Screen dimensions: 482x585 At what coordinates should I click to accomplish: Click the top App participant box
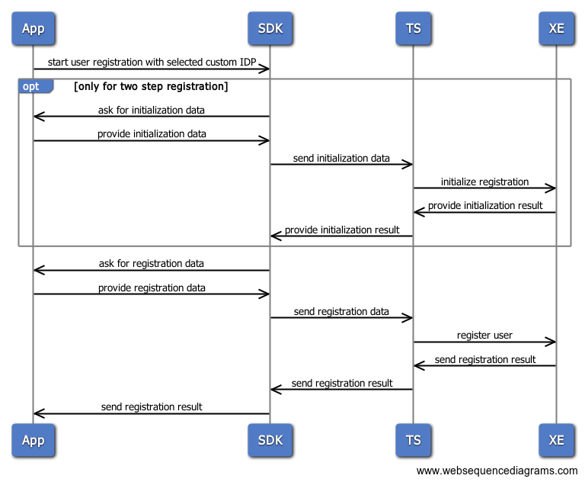click(x=34, y=29)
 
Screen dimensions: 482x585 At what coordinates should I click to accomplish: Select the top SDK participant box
click(x=270, y=29)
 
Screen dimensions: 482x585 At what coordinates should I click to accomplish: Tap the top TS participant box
click(x=413, y=29)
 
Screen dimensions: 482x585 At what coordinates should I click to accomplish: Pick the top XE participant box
click(x=556, y=29)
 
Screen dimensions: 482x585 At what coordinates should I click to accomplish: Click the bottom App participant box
click(x=34, y=440)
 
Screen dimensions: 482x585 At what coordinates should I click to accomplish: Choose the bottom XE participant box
click(x=556, y=440)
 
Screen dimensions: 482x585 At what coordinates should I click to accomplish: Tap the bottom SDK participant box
click(x=270, y=440)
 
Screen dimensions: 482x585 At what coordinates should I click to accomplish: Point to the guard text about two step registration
click(x=151, y=86)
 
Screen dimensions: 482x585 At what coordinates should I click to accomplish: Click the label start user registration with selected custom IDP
click(x=152, y=61)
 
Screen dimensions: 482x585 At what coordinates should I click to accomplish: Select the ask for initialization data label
click(x=152, y=110)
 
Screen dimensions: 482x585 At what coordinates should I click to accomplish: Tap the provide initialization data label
click(x=152, y=134)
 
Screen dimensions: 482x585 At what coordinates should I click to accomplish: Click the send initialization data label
click(x=341, y=159)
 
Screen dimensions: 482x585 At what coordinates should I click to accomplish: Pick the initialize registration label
click(x=484, y=182)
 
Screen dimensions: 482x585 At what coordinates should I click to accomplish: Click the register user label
click(x=484, y=335)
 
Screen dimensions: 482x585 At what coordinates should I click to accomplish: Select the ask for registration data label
click(x=152, y=263)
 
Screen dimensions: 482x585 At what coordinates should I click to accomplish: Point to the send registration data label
click(x=341, y=311)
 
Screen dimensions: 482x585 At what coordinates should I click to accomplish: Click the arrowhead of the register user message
click(x=551, y=342)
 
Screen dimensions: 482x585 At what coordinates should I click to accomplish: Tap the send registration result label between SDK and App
click(x=152, y=406)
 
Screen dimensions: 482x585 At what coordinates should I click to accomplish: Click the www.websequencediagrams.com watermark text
click(x=497, y=471)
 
